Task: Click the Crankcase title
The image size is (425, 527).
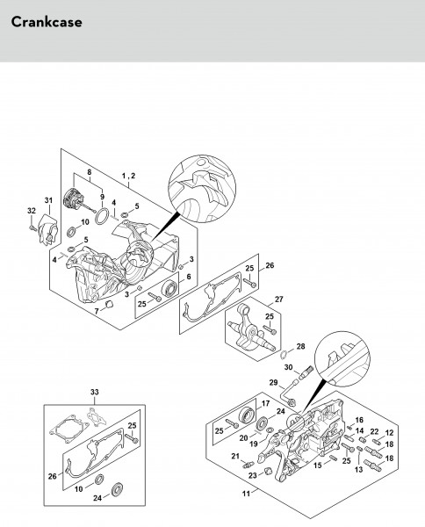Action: point(47,22)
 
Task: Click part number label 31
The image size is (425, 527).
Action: point(48,200)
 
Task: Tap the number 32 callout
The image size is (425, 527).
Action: point(32,211)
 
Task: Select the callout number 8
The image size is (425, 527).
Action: point(89,172)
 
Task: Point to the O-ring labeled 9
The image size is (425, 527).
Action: point(102,216)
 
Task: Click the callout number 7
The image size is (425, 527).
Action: point(97,311)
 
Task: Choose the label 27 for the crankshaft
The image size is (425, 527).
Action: point(279,300)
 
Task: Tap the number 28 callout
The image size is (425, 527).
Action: point(300,346)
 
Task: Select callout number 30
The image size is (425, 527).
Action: point(289,367)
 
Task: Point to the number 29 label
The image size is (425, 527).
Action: point(273,382)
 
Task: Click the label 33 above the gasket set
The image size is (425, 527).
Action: point(95,392)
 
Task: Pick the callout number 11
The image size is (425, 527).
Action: point(246,494)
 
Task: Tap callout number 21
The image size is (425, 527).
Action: point(235,456)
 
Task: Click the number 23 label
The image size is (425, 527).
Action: point(253,475)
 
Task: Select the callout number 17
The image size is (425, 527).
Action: point(265,403)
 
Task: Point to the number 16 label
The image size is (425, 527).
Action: point(359,420)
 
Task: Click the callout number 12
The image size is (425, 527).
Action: point(389,432)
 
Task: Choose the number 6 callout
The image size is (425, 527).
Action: point(189,277)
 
